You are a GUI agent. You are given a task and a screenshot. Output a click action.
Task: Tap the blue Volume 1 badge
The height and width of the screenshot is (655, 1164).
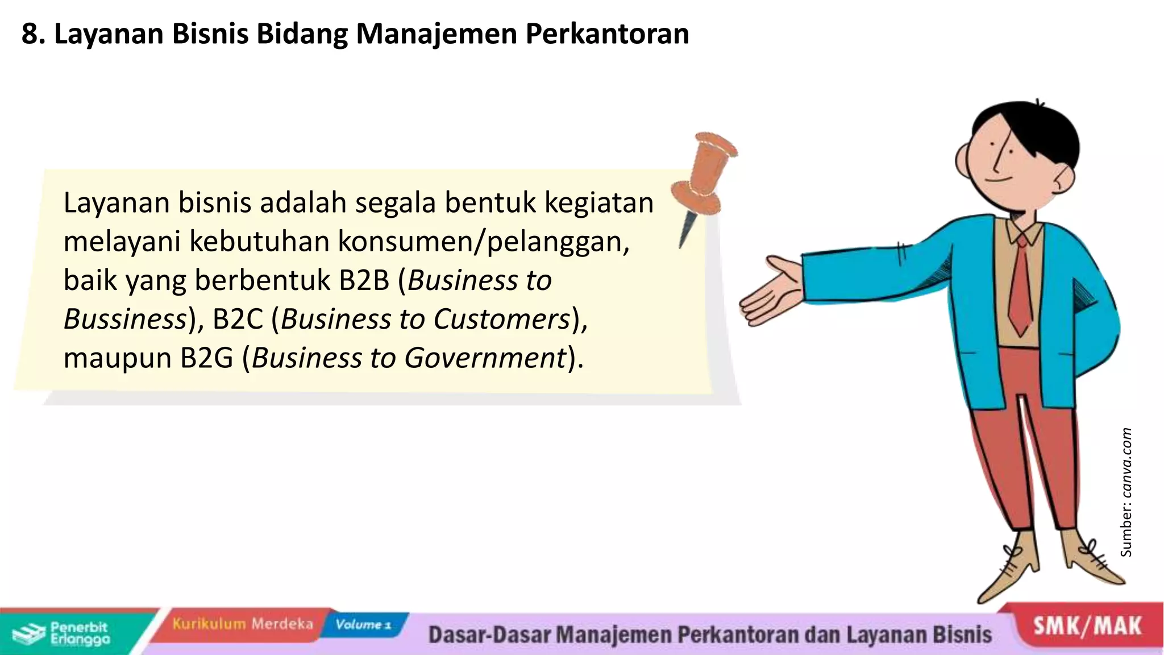click(x=363, y=625)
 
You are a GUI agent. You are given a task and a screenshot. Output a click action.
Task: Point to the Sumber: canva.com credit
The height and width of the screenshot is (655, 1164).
click(x=1126, y=492)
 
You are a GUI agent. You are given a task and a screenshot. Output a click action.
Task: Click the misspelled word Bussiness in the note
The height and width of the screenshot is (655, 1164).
click(x=125, y=319)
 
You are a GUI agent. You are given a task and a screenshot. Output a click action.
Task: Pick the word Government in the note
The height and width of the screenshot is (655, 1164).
click(x=484, y=358)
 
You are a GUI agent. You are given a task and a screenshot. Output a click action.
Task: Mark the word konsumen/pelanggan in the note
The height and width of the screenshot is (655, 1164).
click(x=484, y=242)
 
